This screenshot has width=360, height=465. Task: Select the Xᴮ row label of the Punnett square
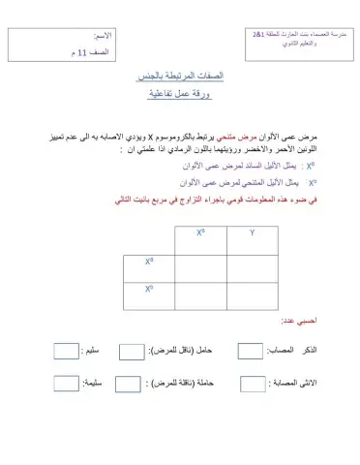[150, 262]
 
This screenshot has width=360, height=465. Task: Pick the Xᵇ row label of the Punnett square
[150, 290]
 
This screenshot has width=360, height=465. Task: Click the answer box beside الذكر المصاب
[251, 352]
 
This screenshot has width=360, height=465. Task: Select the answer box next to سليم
[65, 352]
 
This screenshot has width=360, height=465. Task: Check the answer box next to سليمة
[65, 383]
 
